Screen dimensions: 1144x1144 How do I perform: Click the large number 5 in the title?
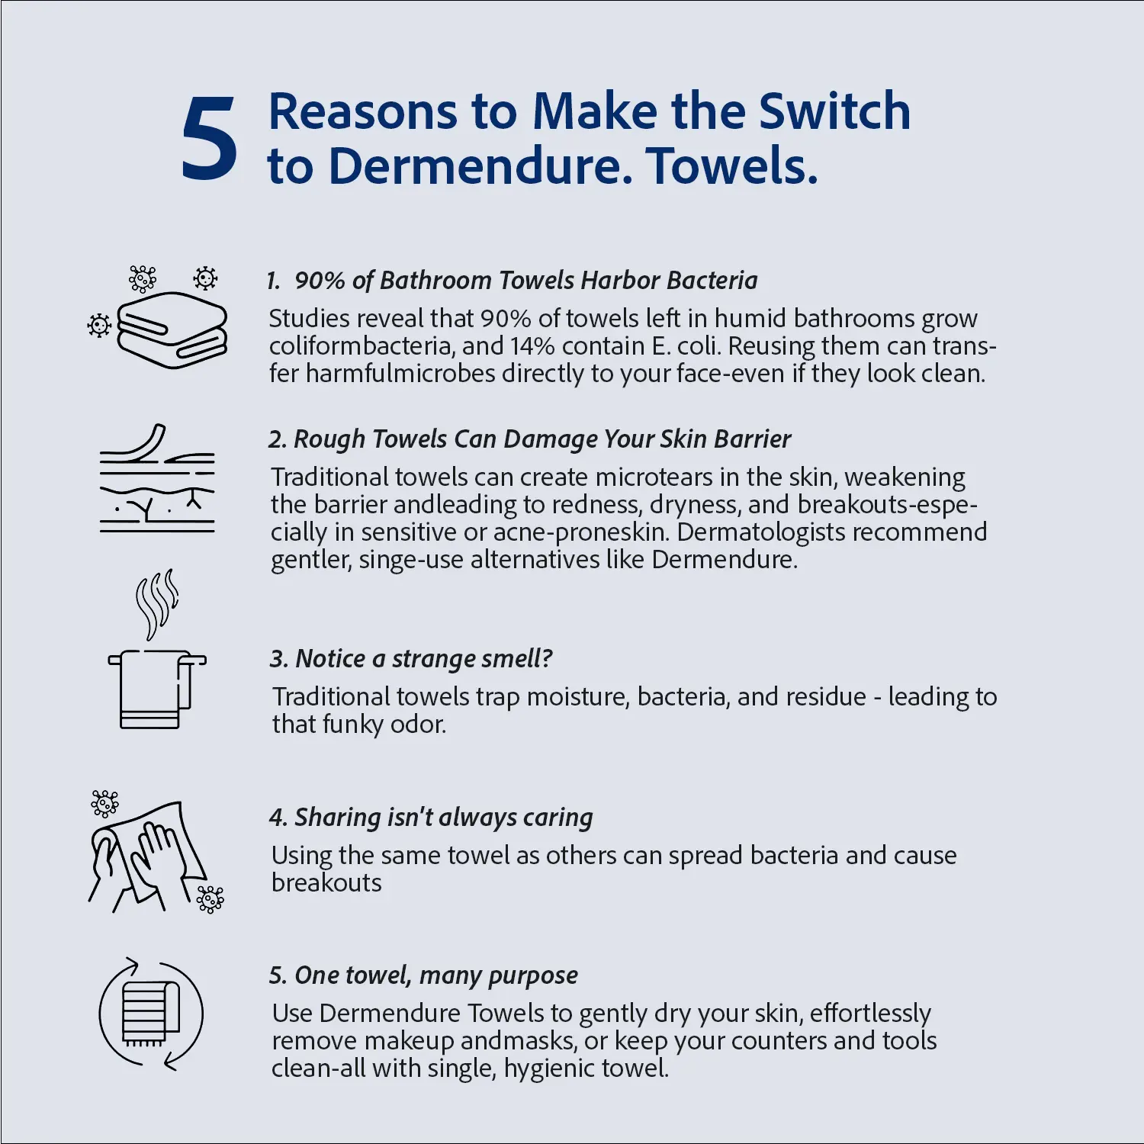210,139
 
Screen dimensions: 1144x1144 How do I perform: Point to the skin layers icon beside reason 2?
157,478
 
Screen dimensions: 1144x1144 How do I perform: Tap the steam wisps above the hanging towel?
156,604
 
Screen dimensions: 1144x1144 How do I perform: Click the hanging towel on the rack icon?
157,689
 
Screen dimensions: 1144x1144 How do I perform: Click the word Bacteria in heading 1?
712,280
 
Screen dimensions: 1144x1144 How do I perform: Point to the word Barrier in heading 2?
753,439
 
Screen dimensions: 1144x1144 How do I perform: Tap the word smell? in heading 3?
510,658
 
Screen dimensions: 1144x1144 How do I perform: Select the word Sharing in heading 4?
337,818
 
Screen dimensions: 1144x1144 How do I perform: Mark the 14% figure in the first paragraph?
533,346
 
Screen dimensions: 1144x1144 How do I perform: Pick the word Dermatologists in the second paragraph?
765,532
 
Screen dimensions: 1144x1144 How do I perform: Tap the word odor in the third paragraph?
417,724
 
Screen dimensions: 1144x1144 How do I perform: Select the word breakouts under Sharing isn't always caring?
326,882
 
